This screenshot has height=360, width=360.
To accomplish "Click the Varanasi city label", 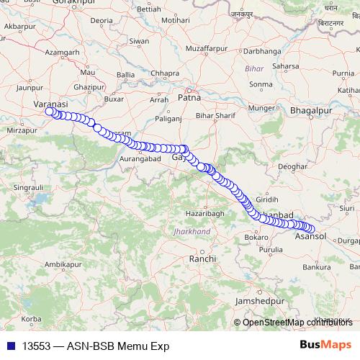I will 50,104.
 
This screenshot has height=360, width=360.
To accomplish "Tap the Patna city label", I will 189,97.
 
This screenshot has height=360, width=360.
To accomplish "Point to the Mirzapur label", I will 20,131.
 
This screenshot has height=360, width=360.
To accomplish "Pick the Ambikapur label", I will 60,265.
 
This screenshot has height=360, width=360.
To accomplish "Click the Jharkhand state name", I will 192,232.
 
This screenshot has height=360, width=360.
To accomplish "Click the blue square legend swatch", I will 10,346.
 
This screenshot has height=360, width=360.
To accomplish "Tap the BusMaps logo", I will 326,345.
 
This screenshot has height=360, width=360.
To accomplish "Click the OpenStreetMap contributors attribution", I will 297,322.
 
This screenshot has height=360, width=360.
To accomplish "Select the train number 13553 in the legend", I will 36,346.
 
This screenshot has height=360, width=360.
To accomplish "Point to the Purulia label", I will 271,250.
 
